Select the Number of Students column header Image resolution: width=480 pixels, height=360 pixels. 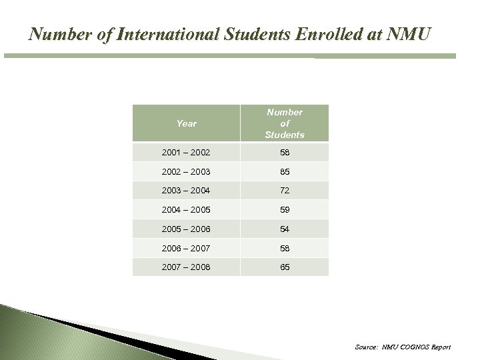pos(285,123)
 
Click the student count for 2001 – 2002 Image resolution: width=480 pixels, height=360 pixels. pos(285,153)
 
